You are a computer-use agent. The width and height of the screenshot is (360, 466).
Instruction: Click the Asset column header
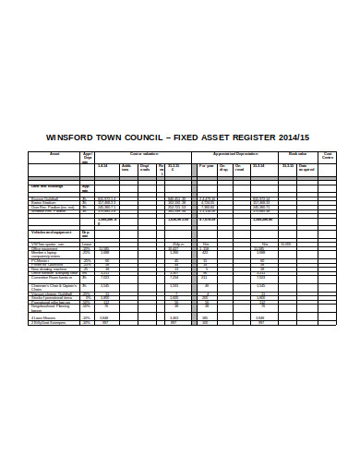point(54,153)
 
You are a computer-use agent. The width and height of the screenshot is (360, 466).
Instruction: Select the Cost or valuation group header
point(143,153)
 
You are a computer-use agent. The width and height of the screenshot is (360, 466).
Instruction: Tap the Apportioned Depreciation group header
point(234,153)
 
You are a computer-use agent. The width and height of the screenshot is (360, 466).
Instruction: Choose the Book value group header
point(296,153)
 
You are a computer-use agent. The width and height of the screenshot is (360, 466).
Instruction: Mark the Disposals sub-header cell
point(145,168)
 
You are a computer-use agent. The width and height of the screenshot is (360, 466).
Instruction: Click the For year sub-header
point(207,166)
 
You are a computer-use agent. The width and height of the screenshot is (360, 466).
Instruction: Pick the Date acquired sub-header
point(307,168)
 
